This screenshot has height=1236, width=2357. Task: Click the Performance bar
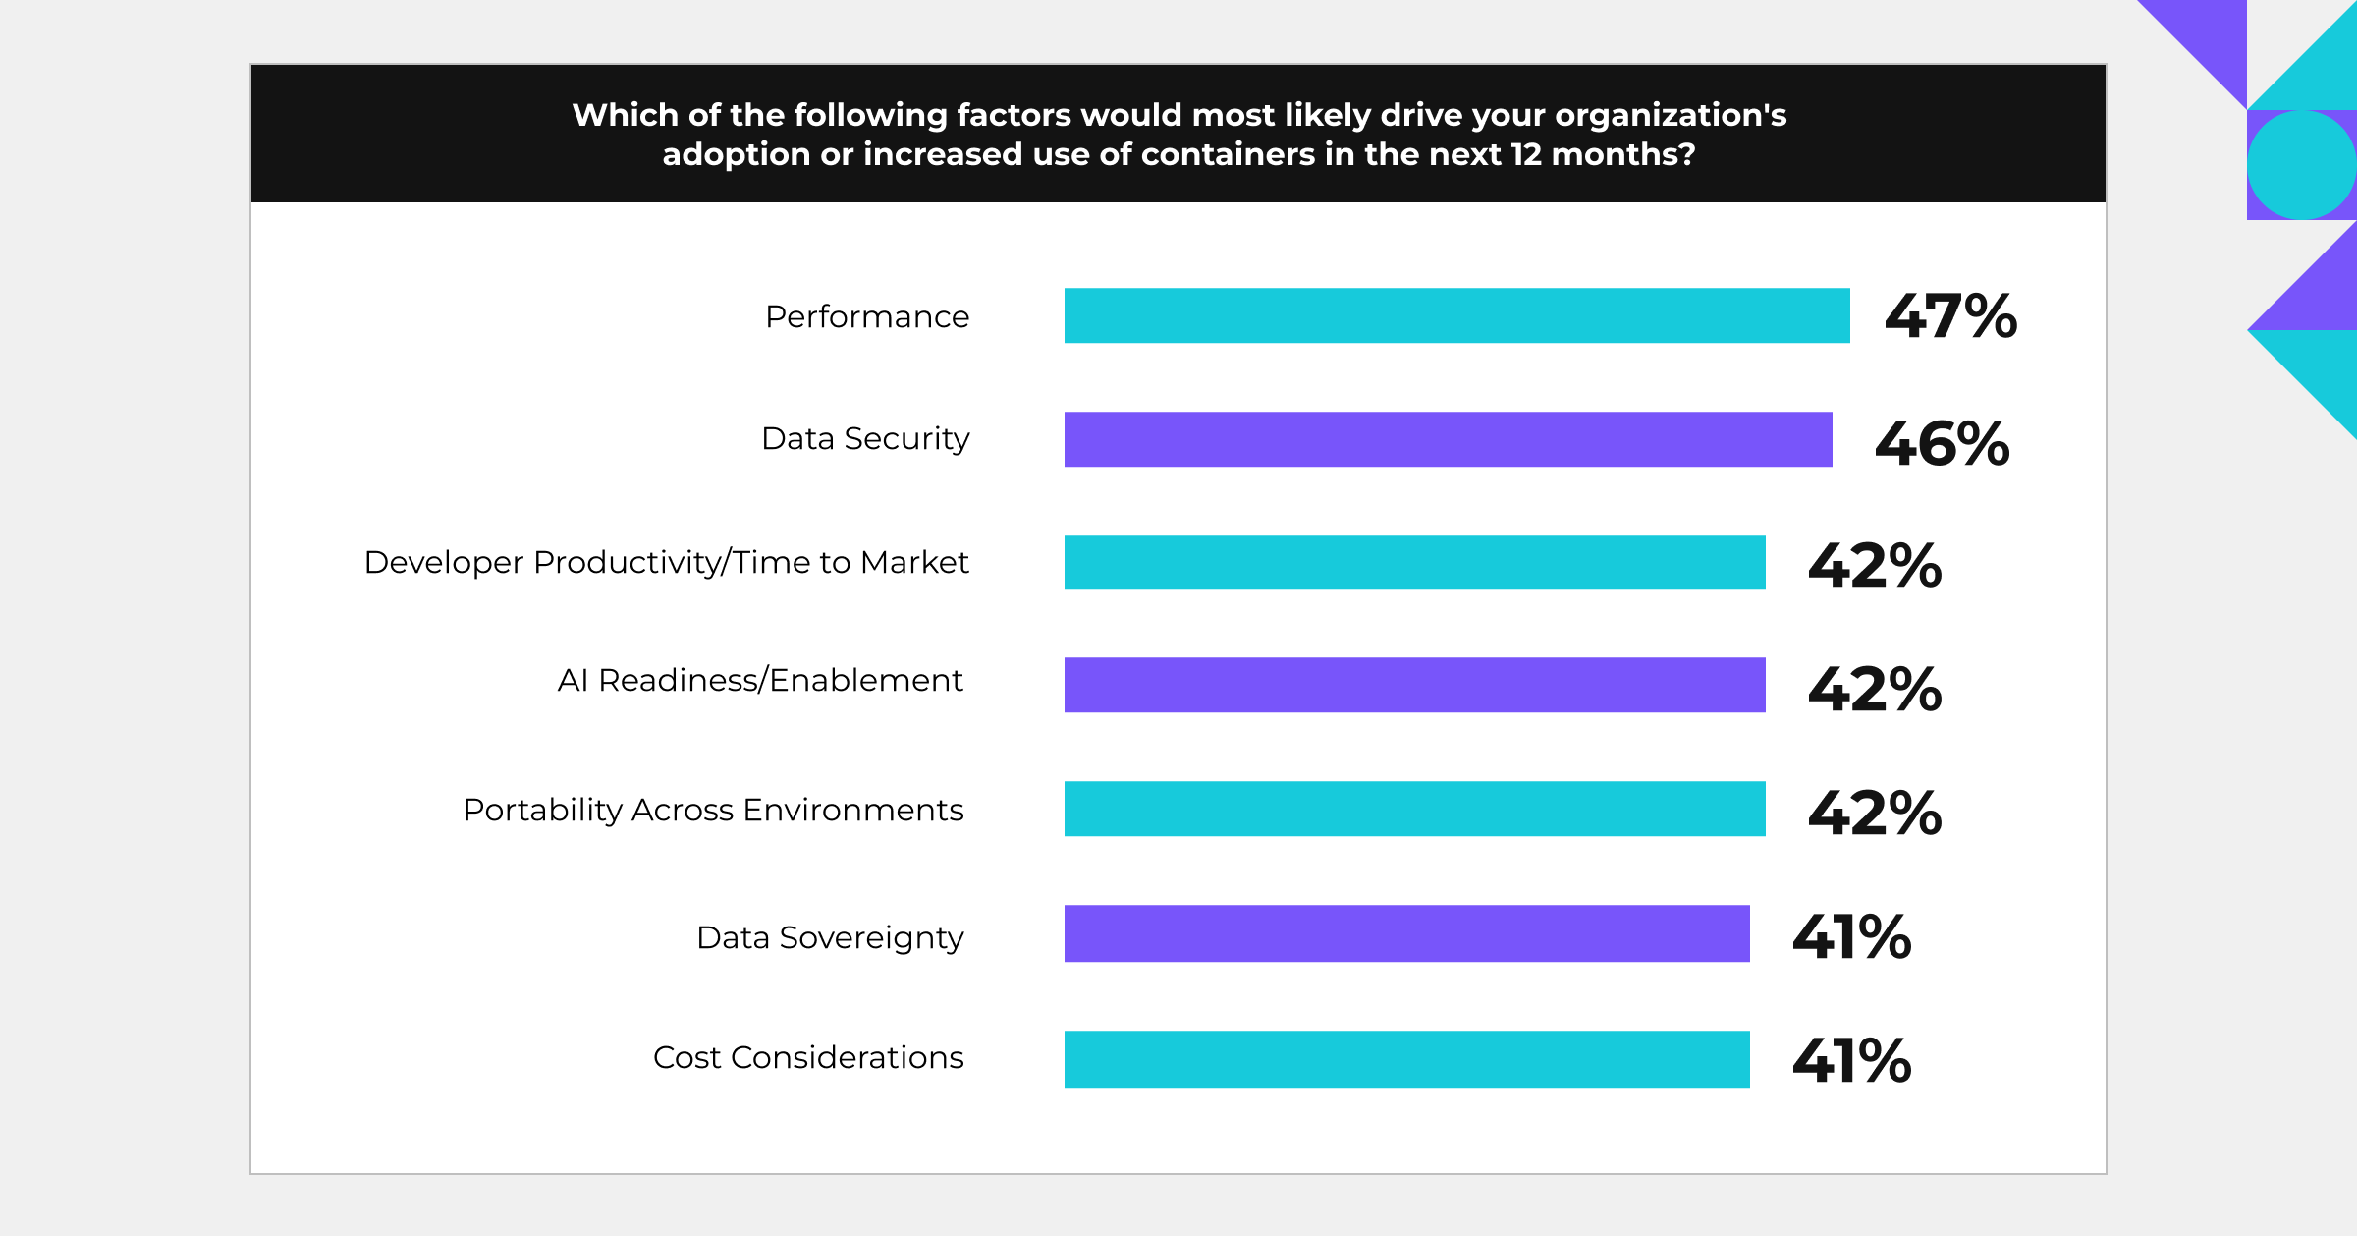pyautogui.click(x=1456, y=315)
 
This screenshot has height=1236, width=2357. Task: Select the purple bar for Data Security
pyautogui.click(x=1448, y=439)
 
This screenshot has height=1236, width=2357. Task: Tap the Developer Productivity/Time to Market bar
pyautogui.click(x=1414, y=562)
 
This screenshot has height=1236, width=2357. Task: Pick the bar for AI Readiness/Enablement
pyautogui.click(x=1414, y=685)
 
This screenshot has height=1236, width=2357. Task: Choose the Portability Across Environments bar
pyautogui.click(x=1414, y=809)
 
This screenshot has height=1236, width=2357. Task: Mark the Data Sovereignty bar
pyautogui.click(x=1406, y=933)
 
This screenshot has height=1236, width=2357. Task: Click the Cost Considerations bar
pyautogui.click(x=1406, y=1059)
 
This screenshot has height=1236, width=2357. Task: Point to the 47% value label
pyautogui.click(x=1950, y=316)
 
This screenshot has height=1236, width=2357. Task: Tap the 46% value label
pyautogui.click(x=1942, y=443)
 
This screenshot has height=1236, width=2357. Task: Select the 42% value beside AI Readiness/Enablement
pyautogui.click(x=1875, y=689)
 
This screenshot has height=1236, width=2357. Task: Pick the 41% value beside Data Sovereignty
pyautogui.click(x=1851, y=936)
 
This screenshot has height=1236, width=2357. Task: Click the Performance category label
pyautogui.click(x=866, y=317)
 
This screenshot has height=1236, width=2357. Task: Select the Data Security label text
pyautogui.click(x=865, y=439)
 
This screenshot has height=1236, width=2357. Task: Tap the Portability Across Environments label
pyautogui.click(x=713, y=811)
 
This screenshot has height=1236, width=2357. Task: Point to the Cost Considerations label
pyautogui.click(x=808, y=1058)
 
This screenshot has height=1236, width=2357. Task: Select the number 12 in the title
pyautogui.click(x=1526, y=154)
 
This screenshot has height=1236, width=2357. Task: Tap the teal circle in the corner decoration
pyautogui.click(x=2301, y=165)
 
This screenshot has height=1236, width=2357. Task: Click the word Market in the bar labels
pyautogui.click(x=914, y=563)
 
